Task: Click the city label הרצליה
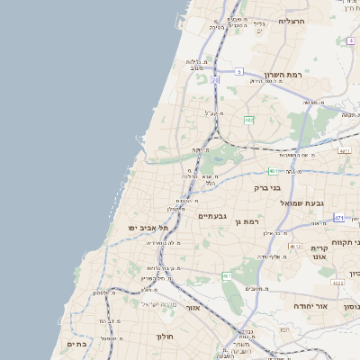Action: click(292, 20)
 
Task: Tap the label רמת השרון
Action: click(285, 76)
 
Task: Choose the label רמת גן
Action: click(245, 221)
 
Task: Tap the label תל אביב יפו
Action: click(143, 228)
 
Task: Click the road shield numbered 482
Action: click(248, 119)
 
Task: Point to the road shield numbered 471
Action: click(338, 218)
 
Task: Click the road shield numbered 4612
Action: click(295, 245)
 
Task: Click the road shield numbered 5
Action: click(239, 70)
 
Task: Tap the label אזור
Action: click(193, 307)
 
